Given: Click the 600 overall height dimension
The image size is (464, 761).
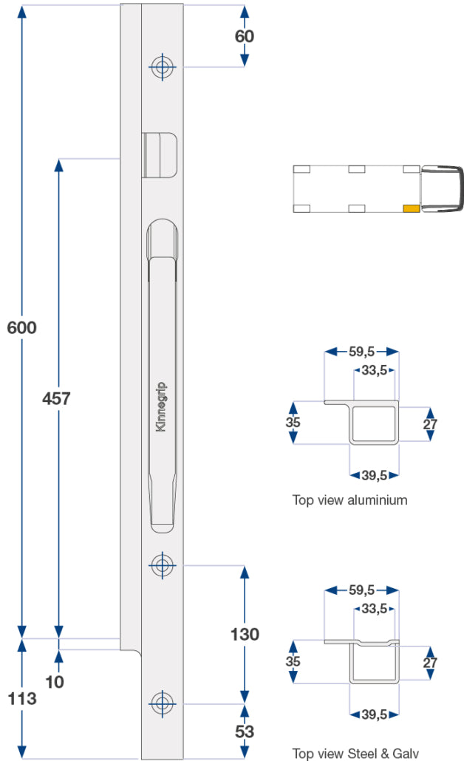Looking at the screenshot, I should (x=22, y=327).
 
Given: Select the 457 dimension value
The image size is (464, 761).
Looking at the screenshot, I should (x=56, y=399).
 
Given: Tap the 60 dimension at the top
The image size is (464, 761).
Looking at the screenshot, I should (x=244, y=35).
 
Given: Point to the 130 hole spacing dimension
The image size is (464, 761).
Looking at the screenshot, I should (x=245, y=635).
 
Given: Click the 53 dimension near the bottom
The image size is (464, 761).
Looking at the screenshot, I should (x=245, y=731).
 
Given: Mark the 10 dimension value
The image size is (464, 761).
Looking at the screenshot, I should (x=55, y=681).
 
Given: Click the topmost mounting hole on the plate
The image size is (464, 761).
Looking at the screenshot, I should (x=162, y=67).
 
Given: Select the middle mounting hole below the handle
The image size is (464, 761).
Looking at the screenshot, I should (x=162, y=566).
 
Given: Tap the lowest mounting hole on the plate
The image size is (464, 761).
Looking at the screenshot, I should (x=162, y=702).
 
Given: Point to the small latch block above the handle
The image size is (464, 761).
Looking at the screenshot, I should (x=159, y=155).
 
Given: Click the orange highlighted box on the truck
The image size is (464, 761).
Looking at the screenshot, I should (x=411, y=208).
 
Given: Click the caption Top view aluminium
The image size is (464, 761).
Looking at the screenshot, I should (x=349, y=500).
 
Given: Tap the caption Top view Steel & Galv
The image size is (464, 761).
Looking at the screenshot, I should (x=355, y=753).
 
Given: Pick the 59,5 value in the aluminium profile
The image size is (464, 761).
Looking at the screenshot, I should (x=361, y=352).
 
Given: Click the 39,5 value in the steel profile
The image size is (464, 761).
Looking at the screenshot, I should (x=374, y=714).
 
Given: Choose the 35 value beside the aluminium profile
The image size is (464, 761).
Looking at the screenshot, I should (x=293, y=423).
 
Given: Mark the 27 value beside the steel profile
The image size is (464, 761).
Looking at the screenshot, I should (x=430, y=663).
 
